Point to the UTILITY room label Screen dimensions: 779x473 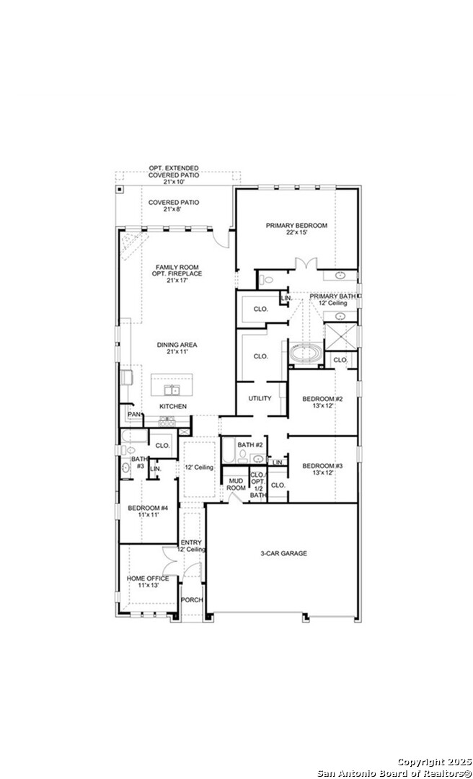[260, 398]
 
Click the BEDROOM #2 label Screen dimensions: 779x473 [322, 402]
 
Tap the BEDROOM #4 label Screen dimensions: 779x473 [148, 512]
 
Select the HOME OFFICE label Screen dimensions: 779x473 [148, 581]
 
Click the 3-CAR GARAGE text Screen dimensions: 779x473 [283, 553]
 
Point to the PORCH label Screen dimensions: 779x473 [191, 600]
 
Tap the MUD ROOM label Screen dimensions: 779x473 [236, 484]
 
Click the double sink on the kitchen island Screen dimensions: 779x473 [172, 390]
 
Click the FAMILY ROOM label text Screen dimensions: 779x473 [177, 270]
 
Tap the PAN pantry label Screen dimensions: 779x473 [133, 415]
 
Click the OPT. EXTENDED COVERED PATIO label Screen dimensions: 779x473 [174, 175]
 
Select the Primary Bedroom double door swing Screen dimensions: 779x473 [308, 263]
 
